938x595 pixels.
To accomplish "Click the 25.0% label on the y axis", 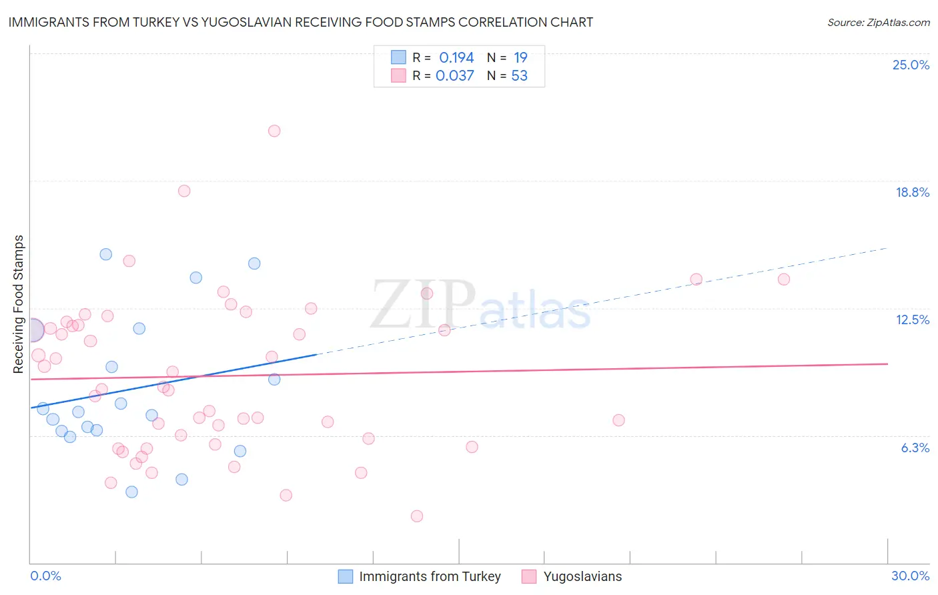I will pyautogui.click(x=911, y=65).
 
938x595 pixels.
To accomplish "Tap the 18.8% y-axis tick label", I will pyautogui.click(x=912, y=192).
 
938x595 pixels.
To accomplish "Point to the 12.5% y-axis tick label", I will pyautogui.click(x=912, y=320).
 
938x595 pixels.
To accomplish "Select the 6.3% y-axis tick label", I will pyautogui.click(x=915, y=448).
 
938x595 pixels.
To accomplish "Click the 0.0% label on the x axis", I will pyautogui.click(x=45, y=576).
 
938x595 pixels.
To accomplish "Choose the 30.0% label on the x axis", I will pyautogui.click(x=910, y=576).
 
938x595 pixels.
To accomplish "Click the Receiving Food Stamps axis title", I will pyautogui.click(x=19, y=304).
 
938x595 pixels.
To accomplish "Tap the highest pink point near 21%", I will pyautogui.click(x=274, y=131).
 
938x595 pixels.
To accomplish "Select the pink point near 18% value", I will pyautogui.click(x=184, y=191).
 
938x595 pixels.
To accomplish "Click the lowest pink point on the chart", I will pyautogui.click(x=417, y=516).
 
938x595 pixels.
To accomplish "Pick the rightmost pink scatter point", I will pyautogui.click(x=784, y=279).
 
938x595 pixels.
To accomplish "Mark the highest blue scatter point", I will pyautogui.click(x=106, y=254).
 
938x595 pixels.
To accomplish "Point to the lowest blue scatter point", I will pyautogui.click(x=132, y=492).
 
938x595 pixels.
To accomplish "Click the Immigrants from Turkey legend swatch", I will pyautogui.click(x=345, y=576).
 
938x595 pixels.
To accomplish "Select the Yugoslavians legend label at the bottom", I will pyautogui.click(x=582, y=576).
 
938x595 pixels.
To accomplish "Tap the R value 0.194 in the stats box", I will pyautogui.click(x=456, y=57).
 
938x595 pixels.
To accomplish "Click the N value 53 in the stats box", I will pyautogui.click(x=519, y=75).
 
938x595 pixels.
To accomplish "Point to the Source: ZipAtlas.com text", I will pyautogui.click(x=878, y=23).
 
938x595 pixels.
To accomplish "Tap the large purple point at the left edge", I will pyautogui.click(x=32, y=330).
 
